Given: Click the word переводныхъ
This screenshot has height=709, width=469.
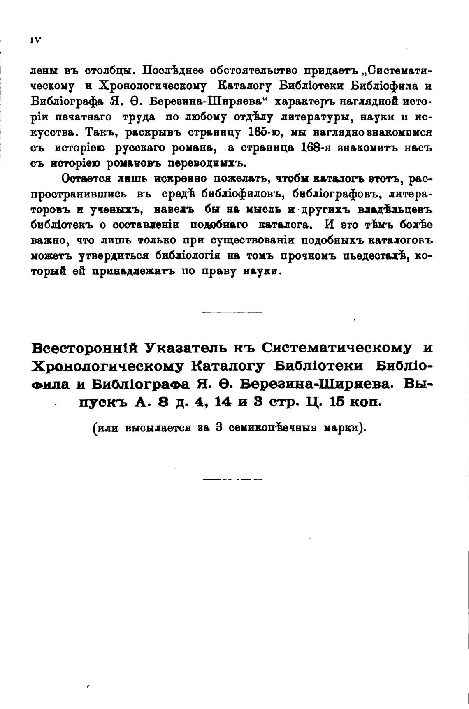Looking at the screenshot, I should (x=207, y=163).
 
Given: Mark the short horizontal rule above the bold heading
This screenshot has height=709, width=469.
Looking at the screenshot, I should (x=232, y=313).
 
